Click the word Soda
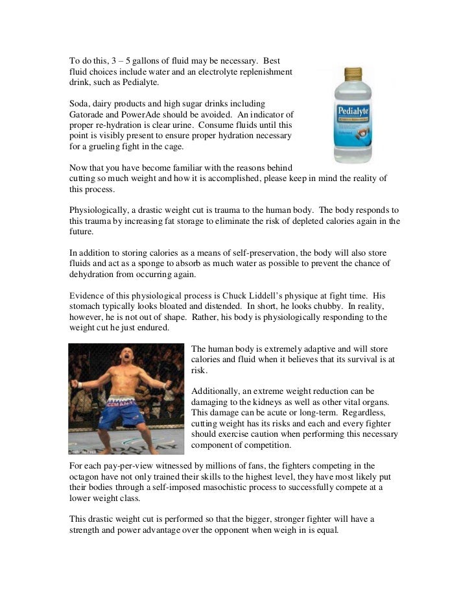point(80,103)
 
